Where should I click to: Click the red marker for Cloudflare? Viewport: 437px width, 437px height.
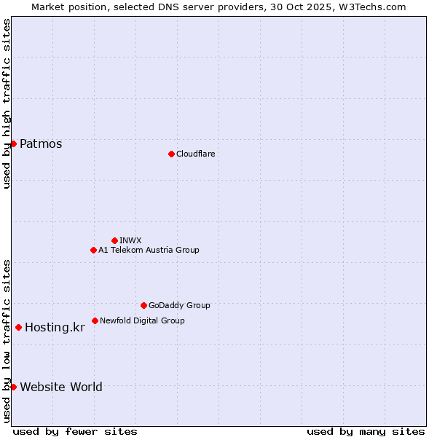pos(171,154)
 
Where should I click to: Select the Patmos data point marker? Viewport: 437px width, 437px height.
pos(13,143)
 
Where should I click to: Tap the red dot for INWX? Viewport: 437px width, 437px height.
pos(114,240)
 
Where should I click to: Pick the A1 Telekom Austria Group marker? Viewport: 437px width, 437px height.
pos(93,250)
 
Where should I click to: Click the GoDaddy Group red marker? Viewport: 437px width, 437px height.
pos(143,305)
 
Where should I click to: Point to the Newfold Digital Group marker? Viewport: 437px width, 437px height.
pos(95,320)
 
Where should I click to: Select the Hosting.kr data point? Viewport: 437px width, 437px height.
pos(18,327)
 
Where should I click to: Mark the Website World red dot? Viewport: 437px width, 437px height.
pos(13,387)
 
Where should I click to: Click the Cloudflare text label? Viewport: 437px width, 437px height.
pos(195,154)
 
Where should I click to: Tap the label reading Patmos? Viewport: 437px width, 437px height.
pos(41,143)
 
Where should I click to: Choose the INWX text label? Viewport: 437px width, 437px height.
pos(130,240)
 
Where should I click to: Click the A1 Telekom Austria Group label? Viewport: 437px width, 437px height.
pos(149,250)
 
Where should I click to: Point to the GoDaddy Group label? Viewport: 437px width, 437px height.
pos(179,305)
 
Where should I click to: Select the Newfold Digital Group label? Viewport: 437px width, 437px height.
pos(142,320)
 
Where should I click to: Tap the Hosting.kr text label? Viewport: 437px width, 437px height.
pos(55,328)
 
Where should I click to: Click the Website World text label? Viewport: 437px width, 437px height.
pos(61,387)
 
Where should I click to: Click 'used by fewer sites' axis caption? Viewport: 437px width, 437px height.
pos(75,431)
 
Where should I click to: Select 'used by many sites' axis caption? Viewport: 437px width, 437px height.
pos(366,431)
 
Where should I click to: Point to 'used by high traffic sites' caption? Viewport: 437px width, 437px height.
pos(7,103)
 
